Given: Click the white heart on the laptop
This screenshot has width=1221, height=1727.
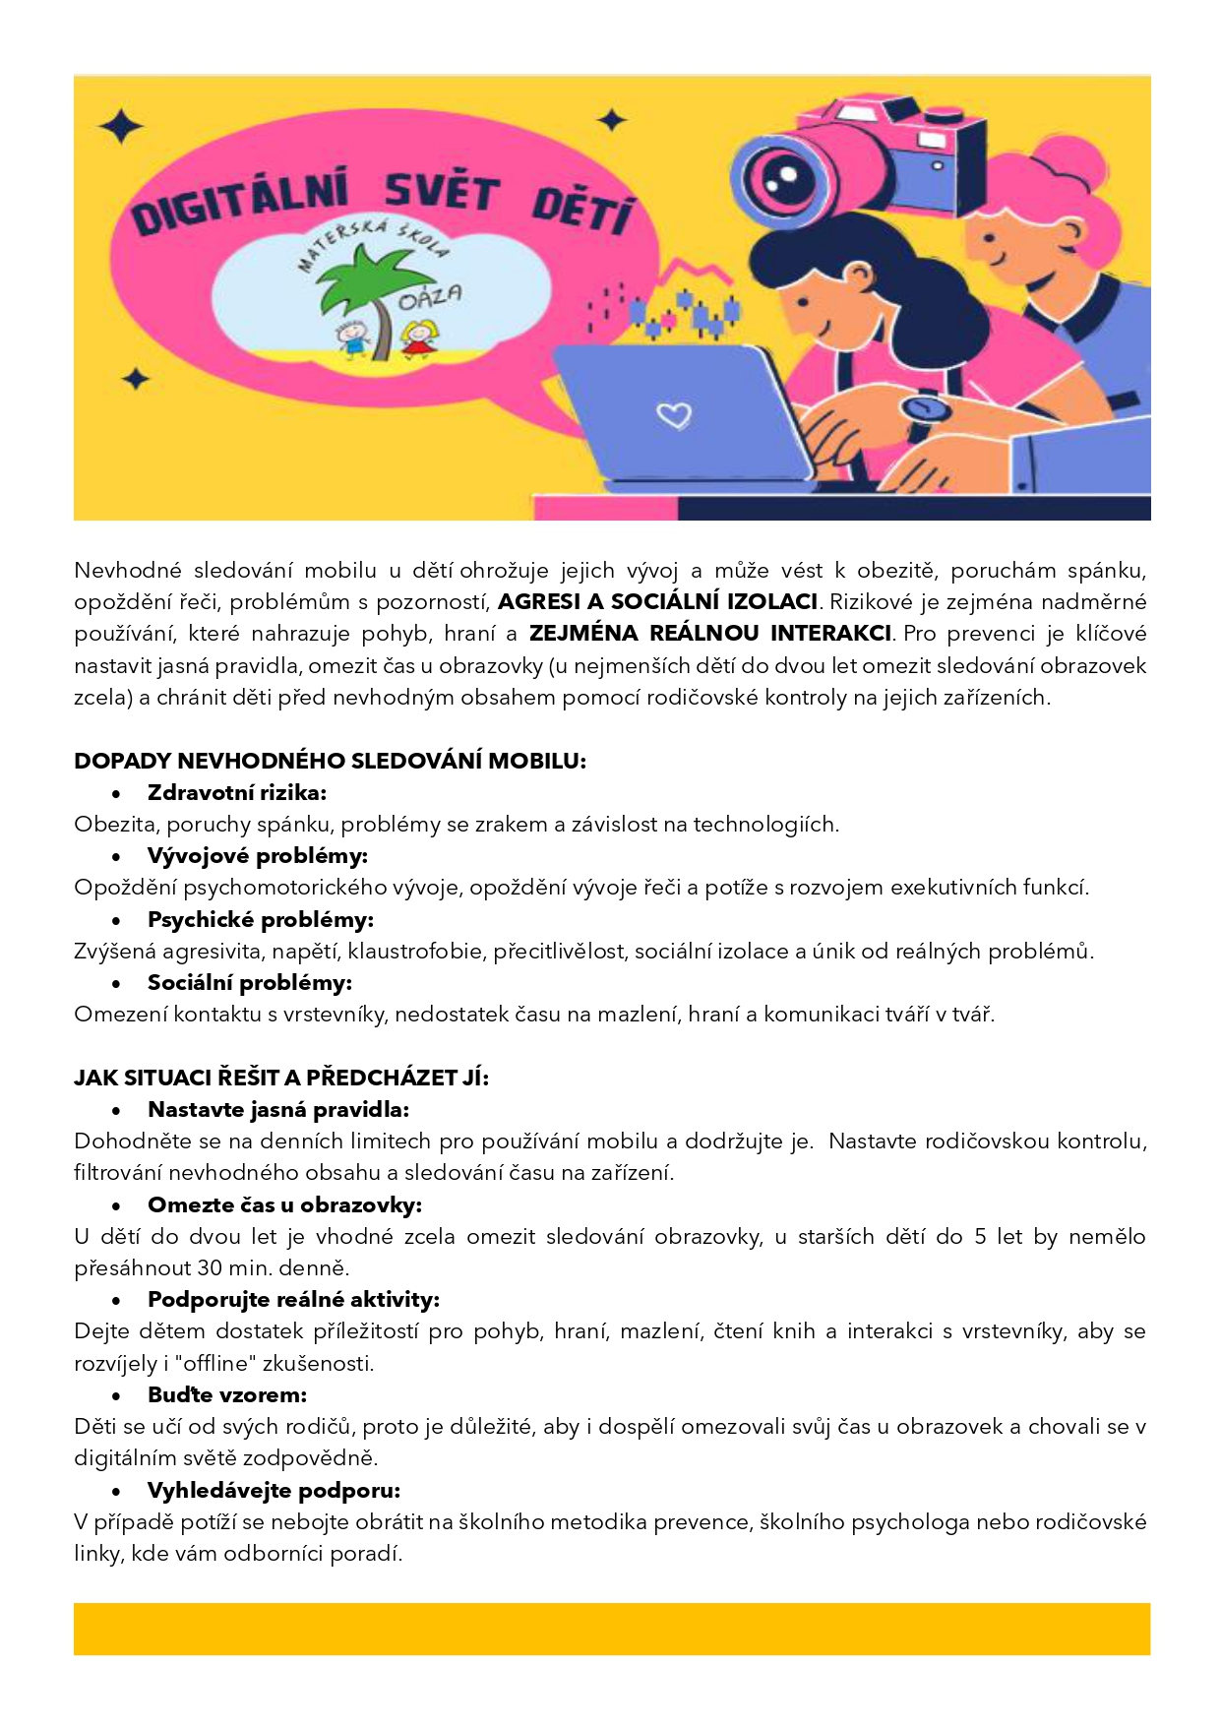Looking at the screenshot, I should pyautogui.click(x=674, y=415).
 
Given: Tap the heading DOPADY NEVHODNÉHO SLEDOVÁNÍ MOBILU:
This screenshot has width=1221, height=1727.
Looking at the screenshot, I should pyautogui.click(x=330, y=761).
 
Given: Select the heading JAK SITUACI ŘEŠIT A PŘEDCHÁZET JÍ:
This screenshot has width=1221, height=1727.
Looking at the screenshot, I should pyautogui.click(x=281, y=1078).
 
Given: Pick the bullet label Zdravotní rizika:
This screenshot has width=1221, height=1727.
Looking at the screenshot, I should pyautogui.click(x=237, y=792).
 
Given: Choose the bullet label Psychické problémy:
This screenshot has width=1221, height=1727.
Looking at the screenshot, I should pyautogui.click(x=261, y=920).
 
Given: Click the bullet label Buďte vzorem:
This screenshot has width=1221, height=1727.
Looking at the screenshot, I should pyautogui.click(x=227, y=1394).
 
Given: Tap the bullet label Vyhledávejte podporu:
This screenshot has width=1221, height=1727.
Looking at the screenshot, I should pyautogui.click(x=274, y=1490).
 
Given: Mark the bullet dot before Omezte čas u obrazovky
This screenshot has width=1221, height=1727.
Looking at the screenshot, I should pyautogui.click(x=116, y=1205).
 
